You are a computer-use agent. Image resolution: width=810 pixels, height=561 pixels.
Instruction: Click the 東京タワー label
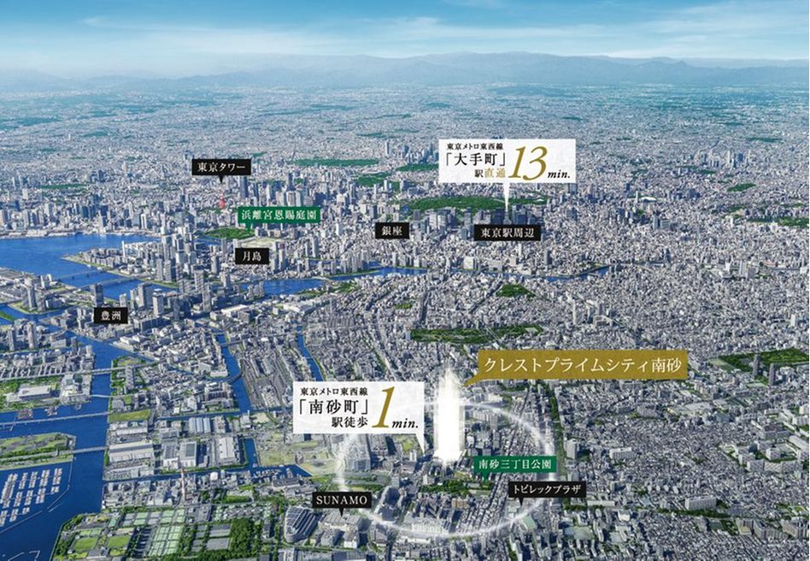[x=220, y=167]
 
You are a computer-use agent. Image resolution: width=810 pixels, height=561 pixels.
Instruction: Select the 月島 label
[x=252, y=256]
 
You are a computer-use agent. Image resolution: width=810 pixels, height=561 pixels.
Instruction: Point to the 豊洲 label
[x=111, y=316]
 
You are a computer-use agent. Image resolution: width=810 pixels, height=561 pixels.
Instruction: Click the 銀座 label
[x=391, y=231]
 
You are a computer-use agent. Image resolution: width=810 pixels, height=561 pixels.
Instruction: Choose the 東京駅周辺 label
[x=507, y=232]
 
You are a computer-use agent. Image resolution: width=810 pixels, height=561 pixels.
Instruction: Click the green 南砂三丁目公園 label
[x=515, y=464]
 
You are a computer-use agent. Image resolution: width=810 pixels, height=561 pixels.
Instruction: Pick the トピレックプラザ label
[x=535, y=490]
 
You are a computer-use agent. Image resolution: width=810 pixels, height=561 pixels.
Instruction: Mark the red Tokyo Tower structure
[x=222, y=201]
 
